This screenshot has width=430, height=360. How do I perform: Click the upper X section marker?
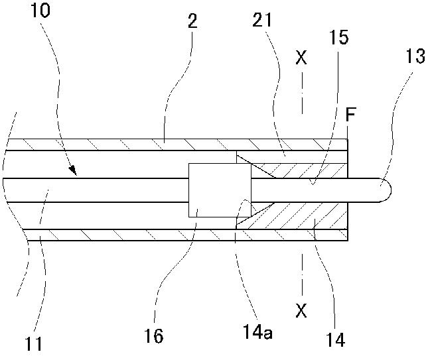coord(302,58)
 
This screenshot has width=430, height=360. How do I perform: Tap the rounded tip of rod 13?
coord(385,190)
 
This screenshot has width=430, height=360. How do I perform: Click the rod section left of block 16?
coord(100,190)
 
